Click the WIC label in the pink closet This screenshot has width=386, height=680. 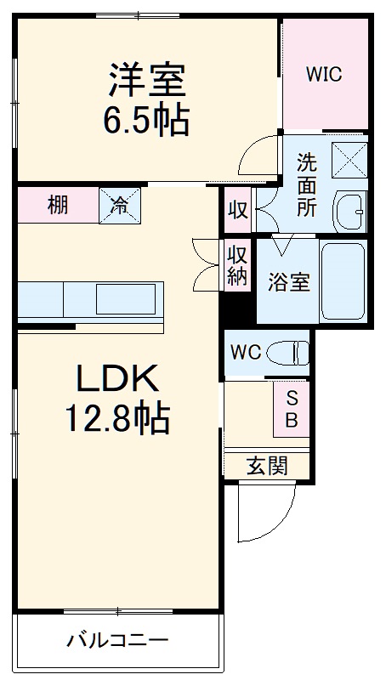324,75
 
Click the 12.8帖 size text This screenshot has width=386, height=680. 119,418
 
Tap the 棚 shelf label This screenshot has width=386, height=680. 58,205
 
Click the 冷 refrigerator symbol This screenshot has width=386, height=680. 120,205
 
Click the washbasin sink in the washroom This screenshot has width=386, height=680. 349,207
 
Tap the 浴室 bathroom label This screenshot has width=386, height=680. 288,283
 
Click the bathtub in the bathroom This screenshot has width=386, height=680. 343,282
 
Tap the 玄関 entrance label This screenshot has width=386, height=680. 266,465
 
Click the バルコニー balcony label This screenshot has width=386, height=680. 118,639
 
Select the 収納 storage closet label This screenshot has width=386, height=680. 237,265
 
